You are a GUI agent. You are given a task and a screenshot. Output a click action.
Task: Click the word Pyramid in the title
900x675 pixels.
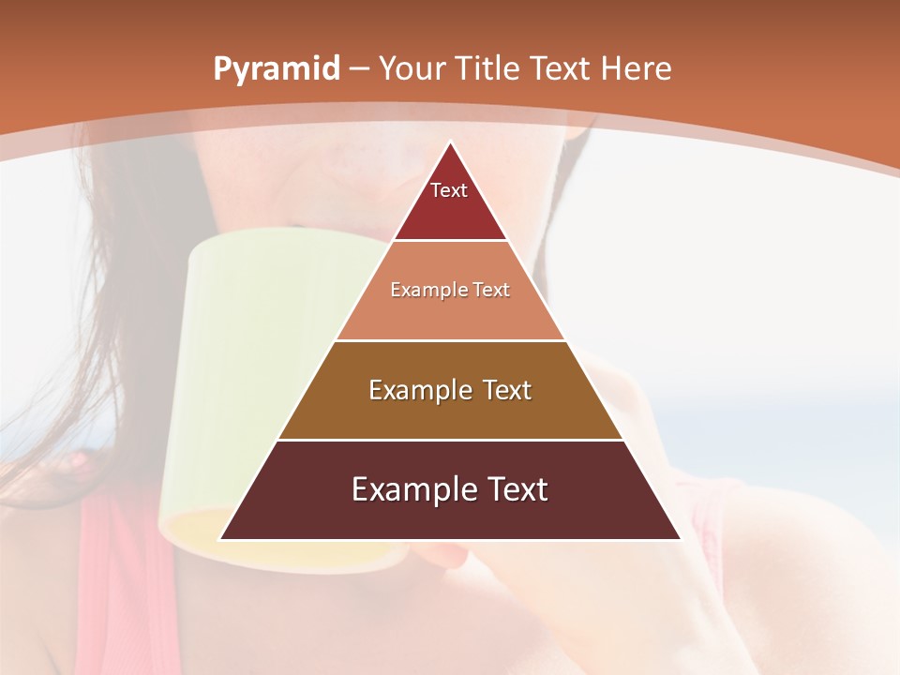tap(276, 69)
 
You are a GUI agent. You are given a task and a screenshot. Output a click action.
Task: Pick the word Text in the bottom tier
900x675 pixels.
tap(516, 489)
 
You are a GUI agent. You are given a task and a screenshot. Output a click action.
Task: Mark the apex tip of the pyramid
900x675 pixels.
tap(450, 142)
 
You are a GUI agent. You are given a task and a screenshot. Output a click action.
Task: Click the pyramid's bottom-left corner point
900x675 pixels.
tap(220, 539)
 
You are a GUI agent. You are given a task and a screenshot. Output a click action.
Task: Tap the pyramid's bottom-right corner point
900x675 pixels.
tap(680, 539)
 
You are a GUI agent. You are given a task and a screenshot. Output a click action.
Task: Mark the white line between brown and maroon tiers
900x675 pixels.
tap(450, 440)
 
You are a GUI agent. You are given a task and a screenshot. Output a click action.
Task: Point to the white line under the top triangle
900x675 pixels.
tap(450, 241)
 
